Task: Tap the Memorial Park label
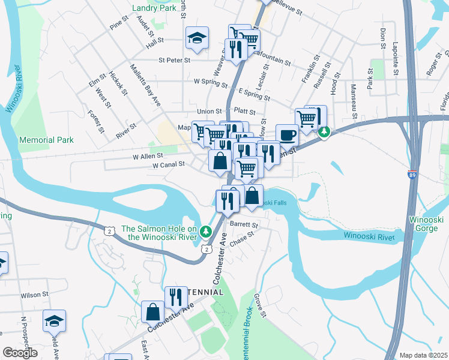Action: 46,140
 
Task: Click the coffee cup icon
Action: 287,135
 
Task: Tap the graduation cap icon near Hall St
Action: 197,38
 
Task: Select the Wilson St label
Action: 34,295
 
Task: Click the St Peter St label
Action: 174,60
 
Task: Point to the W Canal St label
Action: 167,165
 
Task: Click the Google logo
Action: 20,353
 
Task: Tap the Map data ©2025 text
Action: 423,355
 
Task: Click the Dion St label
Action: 382,38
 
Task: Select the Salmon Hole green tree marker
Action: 206,231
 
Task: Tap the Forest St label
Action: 96,122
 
